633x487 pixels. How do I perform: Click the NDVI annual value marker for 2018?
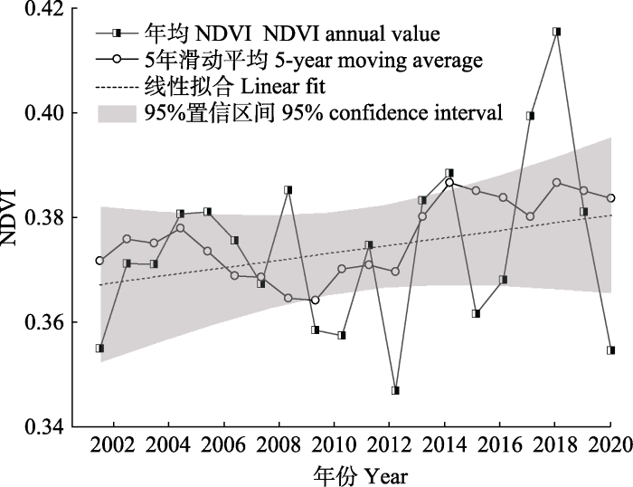[557, 32]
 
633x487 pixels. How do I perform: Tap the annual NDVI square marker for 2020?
[611, 350]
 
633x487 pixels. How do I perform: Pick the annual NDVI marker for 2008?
[288, 190]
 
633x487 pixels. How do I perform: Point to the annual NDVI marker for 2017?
[530, 116]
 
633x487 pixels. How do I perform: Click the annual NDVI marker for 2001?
[99, 349]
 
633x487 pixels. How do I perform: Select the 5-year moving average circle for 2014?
[449, 183]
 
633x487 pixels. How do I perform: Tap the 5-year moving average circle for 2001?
[99, 261]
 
